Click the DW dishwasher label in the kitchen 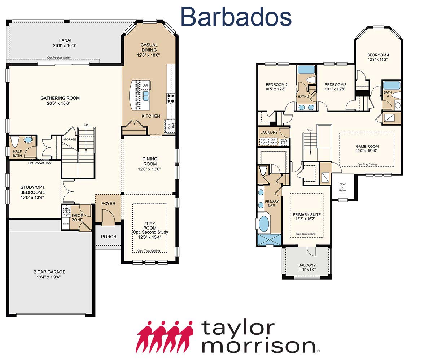click(145, 86)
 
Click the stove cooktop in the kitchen click(170, 98)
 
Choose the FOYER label click(108, 204)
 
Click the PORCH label click(109, 237)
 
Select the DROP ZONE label click(78, 218)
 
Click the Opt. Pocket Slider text click(59, 58)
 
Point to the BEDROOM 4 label click(378, 55)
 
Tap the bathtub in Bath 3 click(392, 86)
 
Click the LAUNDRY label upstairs click(269, 133)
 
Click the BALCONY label click(307, 265)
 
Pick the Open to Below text click(343, 187)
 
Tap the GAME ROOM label click(367, 146)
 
